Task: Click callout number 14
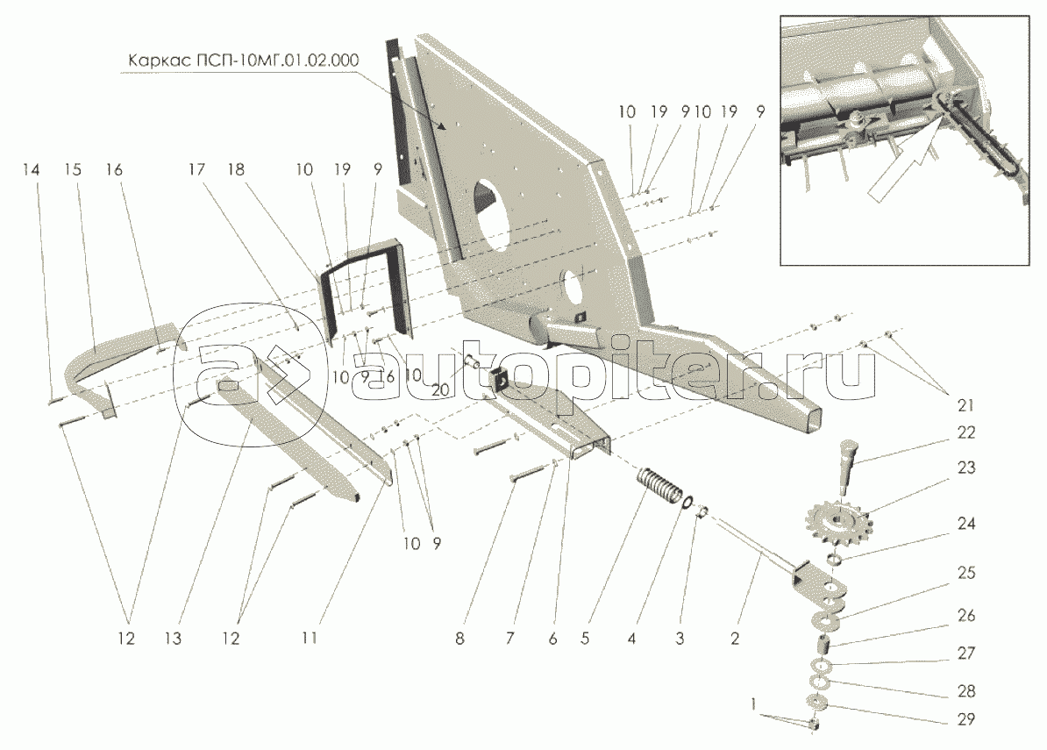pos(31,169)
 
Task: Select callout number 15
pos(73,169)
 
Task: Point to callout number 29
pos(966,719)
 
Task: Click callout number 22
pos(966,432)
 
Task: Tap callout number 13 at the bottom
pos(173,639)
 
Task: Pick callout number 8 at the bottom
pos(459,639)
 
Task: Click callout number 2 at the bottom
pos(735,639)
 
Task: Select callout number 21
pos(966,405)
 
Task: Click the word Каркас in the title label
pos(150,61)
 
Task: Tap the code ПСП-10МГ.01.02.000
pos(270,61)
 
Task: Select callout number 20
pos(440,390)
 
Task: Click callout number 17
pos(196,169)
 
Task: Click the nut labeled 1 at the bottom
pos(813,724)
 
